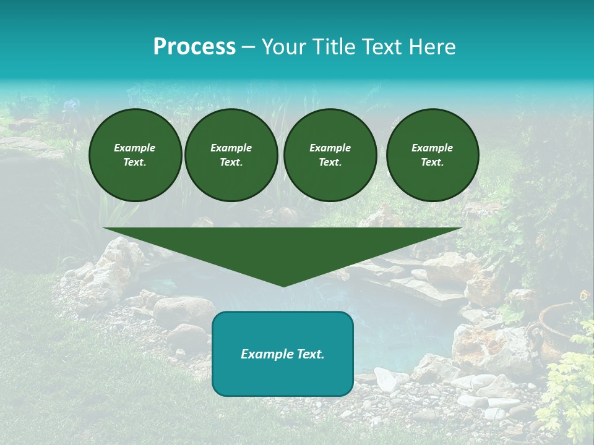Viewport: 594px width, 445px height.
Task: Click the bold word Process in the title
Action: pos(194,47)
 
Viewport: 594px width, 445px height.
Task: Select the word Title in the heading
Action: pos(335,47)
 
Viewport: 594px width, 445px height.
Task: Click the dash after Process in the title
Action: pos(248,48)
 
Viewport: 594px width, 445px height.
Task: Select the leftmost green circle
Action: pos(136,155)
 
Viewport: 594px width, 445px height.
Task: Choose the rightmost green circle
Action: pos(433,155)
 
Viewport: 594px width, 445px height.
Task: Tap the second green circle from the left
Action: pos(231,155)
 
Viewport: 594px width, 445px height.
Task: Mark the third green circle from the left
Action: pos(330,155)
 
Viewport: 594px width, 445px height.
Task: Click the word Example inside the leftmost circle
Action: pos(135,148)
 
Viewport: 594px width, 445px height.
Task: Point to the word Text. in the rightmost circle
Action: pos(433,163)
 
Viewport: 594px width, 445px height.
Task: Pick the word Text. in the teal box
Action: pos(309,354)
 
